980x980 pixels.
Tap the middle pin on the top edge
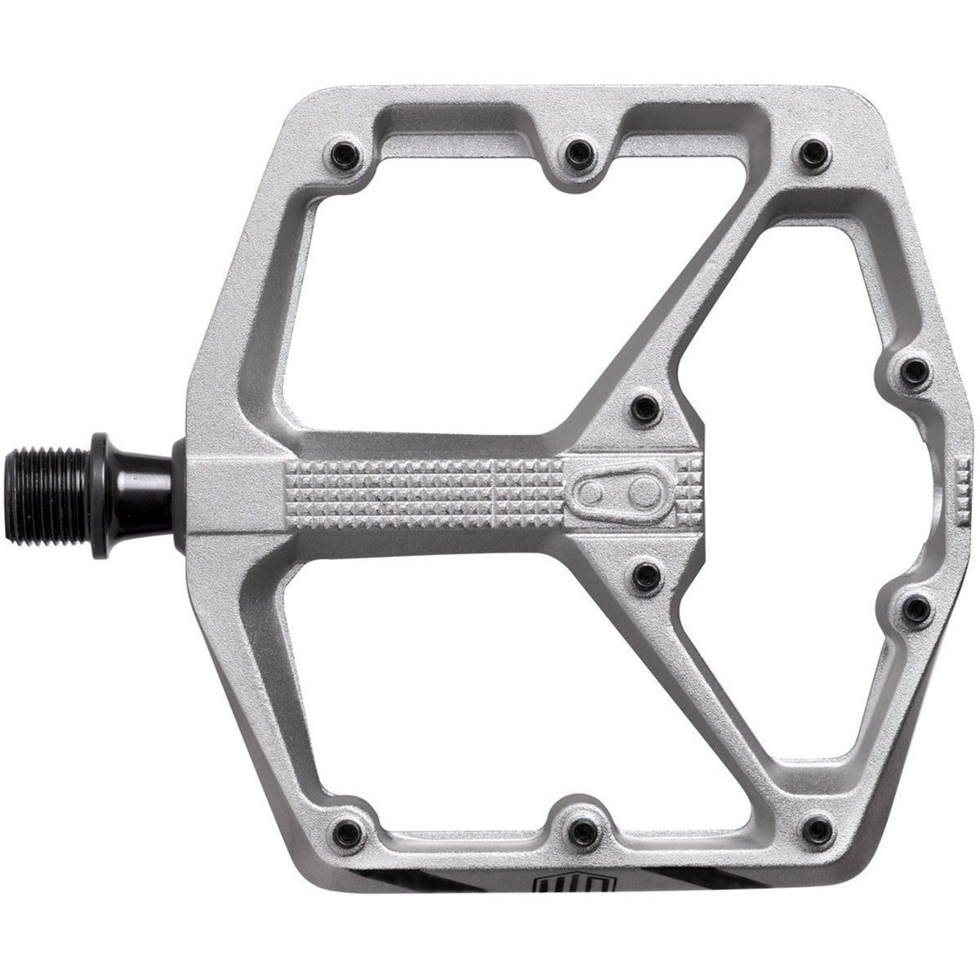[579, 149]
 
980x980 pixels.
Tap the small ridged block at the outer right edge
[962, 488]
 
